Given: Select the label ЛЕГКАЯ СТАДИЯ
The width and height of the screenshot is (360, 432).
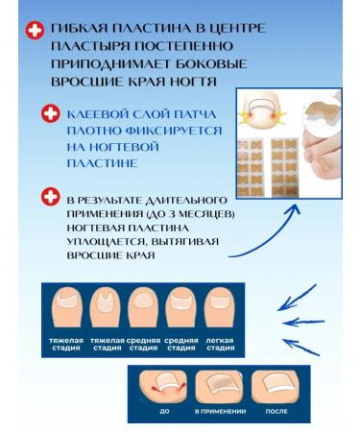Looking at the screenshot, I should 220,344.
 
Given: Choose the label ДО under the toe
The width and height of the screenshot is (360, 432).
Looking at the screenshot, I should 165,411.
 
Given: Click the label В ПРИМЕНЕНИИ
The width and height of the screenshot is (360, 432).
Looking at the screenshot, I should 220,411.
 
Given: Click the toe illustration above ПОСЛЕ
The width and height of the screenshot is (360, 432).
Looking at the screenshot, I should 272,386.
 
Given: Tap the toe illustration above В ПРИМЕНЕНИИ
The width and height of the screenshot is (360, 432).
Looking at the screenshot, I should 220,386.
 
